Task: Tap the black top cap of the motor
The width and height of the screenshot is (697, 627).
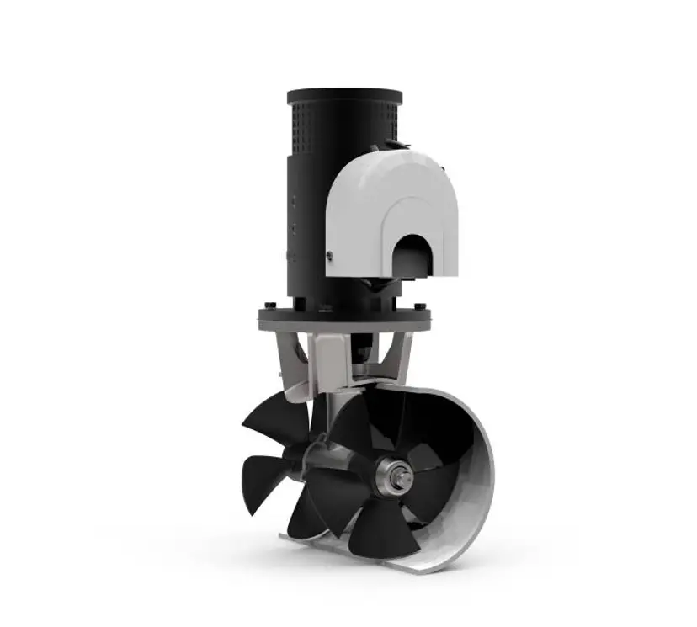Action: pos(343,95)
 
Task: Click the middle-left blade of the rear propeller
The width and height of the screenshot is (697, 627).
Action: pos(265,471)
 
